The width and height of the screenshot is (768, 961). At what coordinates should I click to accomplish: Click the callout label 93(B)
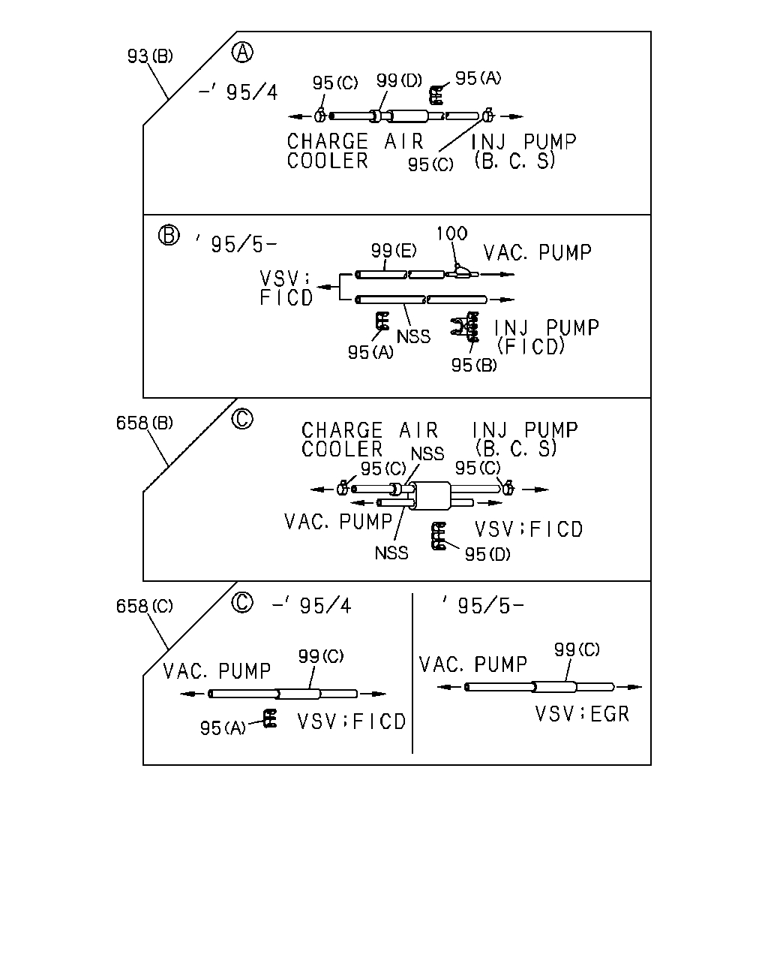(150, 56)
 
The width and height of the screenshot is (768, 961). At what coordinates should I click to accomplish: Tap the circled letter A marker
(242, 53)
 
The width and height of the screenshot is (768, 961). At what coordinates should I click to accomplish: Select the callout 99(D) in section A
(399, 80)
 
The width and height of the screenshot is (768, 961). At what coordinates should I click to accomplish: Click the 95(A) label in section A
(478, 79)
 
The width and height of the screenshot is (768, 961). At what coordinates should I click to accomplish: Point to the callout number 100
(451, 233)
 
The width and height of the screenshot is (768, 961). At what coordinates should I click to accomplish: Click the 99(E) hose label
(394, 251)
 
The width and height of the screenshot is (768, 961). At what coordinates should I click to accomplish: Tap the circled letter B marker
(169, 235)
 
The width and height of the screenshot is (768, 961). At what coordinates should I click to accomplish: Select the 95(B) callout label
(474, 366)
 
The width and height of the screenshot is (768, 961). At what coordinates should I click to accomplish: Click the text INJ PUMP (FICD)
(546, 337)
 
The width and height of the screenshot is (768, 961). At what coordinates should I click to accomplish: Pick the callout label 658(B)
(144, 423)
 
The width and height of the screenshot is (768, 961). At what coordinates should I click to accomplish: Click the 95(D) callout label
(487, 555)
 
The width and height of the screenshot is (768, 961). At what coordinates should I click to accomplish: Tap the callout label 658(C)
(144, 607)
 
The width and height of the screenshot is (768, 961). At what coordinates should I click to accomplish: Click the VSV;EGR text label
(582, 714)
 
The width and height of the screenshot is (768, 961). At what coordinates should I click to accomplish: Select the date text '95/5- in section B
(237, 244)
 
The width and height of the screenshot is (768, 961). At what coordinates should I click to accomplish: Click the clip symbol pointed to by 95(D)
(439, 536)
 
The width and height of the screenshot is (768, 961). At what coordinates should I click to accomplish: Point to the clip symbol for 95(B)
(466, 326)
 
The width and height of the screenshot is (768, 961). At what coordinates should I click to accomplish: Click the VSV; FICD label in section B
(286, 288)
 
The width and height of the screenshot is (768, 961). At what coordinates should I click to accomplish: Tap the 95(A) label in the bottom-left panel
(223, 728)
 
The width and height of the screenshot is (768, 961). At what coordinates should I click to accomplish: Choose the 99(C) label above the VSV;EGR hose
(577, 649)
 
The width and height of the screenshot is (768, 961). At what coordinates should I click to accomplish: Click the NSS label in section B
(413, 336)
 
